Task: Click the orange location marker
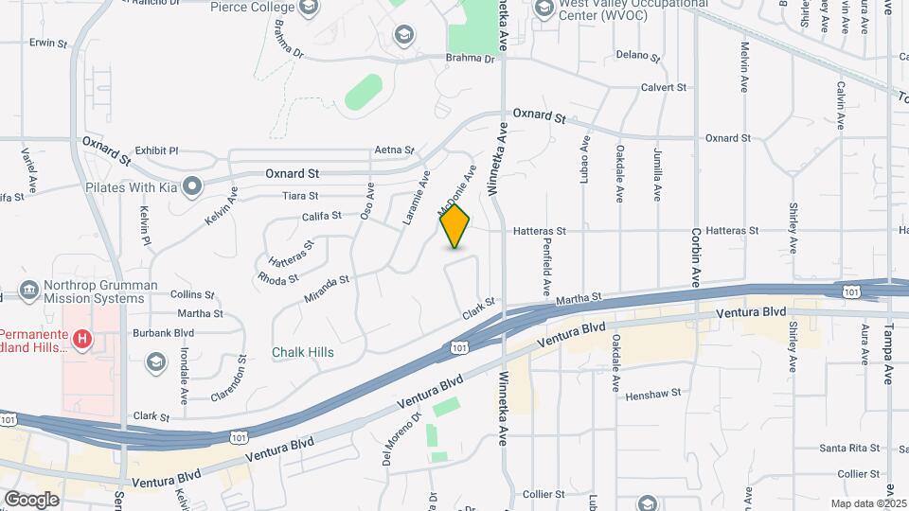[x=455, y=226]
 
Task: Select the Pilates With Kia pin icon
[x=193, y=185]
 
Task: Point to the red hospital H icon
[x=82, y=338]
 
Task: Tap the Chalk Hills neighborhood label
[x=302, y=352]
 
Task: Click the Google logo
[x=32, y=500]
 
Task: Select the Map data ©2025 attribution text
[x=868, y=503]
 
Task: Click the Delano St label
[x=635, y=55]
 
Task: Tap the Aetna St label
[x=395, y=150]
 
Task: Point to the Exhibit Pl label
[x=156, y=150]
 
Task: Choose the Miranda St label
[x=327, y=288]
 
